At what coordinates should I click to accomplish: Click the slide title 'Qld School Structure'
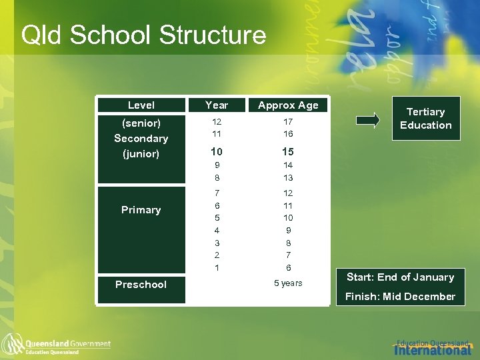143,35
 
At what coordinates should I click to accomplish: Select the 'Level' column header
141,105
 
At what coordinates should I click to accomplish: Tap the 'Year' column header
217,105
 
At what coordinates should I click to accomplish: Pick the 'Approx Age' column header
288,105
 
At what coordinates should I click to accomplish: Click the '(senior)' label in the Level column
141,123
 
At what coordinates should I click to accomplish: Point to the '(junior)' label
141,154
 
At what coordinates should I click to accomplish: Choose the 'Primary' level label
141,210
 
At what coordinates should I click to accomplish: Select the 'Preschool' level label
141,285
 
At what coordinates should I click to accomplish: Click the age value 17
288,122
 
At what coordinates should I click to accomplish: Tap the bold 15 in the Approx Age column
288,151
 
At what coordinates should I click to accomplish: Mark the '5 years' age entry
288,283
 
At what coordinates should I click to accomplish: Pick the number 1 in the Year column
217,267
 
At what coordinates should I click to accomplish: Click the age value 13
288,178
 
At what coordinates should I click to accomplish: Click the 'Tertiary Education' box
425,119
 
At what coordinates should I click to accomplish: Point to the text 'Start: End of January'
400,277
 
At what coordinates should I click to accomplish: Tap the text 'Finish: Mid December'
400,297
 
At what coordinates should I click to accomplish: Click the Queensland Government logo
57,345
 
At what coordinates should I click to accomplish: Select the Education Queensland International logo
433,346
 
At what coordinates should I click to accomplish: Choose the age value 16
288,135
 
